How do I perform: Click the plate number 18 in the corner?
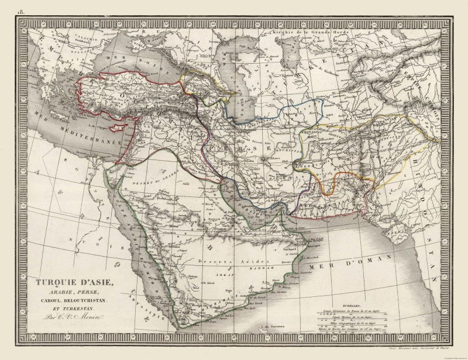(x=22, y=11)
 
